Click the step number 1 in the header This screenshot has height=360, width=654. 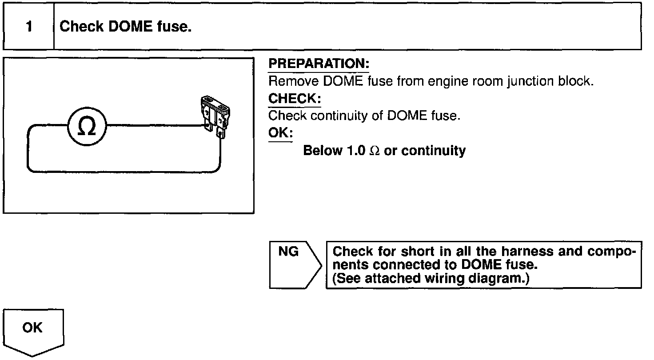pyautogui.click(x=29, y=27)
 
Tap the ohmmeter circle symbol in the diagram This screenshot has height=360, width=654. pyautogui.click(x=87, y=128)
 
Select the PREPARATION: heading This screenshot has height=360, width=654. pyautogui.click(x=319, y=64)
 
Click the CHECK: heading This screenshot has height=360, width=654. pyautogui.click(x=295, y=99)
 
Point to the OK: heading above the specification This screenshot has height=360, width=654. pyautogui.click(x=280, y=133)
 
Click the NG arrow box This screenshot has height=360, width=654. pyautogui.click(x=294, y=264)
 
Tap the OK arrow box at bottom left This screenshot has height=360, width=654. pyautogui.click(x=33, y=331)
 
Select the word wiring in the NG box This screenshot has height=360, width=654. pyautogui.click(x=456, y=279)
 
